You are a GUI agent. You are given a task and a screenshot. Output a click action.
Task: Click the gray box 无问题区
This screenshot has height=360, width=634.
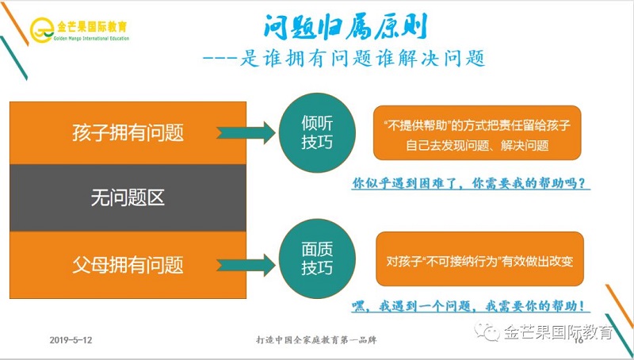pyautogui.click(x=128, y=197)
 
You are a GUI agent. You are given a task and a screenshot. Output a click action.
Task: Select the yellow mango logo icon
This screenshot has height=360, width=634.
pyautogui.click(x=41, y=29)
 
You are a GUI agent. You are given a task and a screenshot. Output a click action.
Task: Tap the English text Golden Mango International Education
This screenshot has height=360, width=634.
pyautogui.click(x=90, y=37)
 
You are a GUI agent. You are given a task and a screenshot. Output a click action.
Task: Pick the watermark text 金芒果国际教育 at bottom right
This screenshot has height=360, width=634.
pyautogui.click(x=559, y=332)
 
